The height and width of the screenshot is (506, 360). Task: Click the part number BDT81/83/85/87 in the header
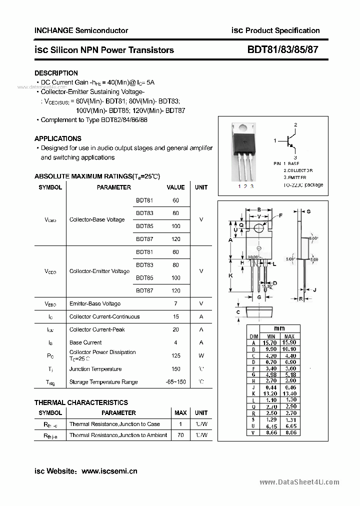[x=282, y=49]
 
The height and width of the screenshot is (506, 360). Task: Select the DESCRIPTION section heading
[x=56, y=73]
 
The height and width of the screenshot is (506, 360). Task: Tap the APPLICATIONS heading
[x=57, y=138]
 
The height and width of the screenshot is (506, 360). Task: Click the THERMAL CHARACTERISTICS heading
[x=81, y=402]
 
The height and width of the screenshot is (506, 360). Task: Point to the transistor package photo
[x=243, y=152]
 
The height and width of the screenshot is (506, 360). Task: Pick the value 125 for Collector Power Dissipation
[x=175, y=355]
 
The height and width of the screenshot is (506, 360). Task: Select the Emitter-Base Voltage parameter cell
[x=95, y=303]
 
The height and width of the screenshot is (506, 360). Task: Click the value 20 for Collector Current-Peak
[x=175, y=329]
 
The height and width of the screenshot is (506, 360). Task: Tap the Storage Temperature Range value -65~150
[x=175, y=382]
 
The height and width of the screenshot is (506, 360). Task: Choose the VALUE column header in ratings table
[x=175, y=187]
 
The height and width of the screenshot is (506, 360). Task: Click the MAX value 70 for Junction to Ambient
[x=180, y=435]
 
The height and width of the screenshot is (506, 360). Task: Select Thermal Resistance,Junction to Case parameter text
[x=114, y=424]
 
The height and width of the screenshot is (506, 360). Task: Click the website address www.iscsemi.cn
[x=109, y=471]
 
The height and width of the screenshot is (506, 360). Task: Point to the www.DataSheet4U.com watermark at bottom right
[x=299, y=482]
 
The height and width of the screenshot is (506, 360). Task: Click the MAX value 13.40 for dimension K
[x=289, y=393]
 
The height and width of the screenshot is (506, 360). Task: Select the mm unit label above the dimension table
[x=280, y=328]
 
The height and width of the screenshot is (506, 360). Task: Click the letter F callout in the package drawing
[x=280, y=215]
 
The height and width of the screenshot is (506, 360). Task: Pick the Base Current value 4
[x=175, y=342]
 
